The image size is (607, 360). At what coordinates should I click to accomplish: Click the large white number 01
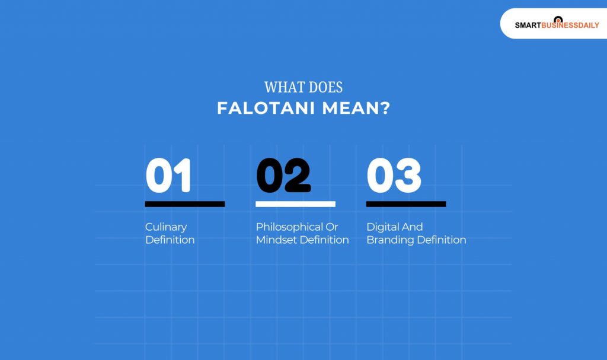pyautogui.click(x=168, y=176)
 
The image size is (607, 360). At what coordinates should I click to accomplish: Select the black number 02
pyautogui.click(x=283, y=176)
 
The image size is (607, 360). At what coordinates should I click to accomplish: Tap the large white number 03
pyautogui.click(x=394, y=176)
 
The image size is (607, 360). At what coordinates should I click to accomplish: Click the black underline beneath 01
pyautogui.click(x=184, y=204)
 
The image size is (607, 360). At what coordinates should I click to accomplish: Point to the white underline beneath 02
pyautogui.click(x=295, y=204)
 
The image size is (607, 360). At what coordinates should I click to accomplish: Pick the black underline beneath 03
pyautogui.click(x=405, y=204)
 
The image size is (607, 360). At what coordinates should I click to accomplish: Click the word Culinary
pyautogui.click(x=166, y=227)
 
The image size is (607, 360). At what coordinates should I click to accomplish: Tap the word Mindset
pyautogui.click(x=274, y=240)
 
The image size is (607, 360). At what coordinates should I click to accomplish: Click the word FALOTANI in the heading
pyautogui.click(x=265, y=109)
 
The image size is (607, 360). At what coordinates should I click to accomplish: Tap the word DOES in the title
pyautogui.click(x=324, y=87)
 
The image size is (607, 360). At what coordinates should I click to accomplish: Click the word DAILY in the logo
pyautogui.click(x=587, y=26)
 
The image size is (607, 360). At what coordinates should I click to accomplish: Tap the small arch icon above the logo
pyautogui.click(x=557, y=19)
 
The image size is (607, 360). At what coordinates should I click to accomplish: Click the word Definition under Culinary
pyautogui.click(x=170, y=240)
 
